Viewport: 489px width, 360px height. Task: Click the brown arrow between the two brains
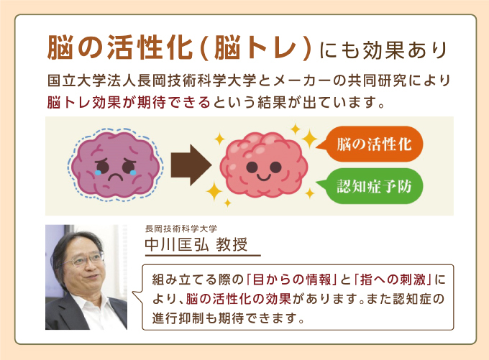coord(191,165)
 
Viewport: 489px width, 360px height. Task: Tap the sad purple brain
coord(115,165)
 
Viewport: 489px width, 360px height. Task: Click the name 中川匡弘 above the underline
coord(176,244)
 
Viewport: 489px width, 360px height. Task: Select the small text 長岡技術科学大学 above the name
coord(181,229)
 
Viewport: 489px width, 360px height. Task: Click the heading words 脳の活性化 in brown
coord(120,47)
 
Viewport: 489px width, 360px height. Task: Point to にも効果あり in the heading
coord(383,50)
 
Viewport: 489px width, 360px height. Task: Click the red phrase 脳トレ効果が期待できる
coord(129,102)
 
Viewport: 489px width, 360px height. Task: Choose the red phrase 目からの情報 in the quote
coord(291,280)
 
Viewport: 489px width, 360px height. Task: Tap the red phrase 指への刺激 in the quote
coord(393,280)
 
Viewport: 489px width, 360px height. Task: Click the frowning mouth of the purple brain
coord(115,177)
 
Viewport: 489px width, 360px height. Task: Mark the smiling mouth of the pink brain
coord(263,177)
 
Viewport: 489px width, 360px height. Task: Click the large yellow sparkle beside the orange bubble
coord(309,139)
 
